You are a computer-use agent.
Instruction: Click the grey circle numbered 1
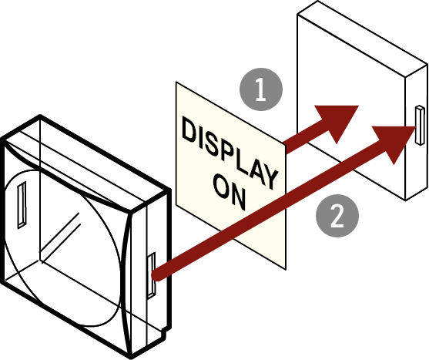click(x=261, y=89)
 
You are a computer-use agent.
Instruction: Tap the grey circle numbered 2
click(x=337, y=215)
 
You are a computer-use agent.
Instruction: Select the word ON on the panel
click(x=230, y=191)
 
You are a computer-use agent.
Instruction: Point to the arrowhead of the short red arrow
click(x=338, y=120)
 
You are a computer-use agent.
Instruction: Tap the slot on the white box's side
click(x=420, y=125)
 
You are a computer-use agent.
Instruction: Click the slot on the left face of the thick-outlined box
click(x=22, y=204)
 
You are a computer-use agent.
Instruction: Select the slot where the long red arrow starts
click(x=151, y=275)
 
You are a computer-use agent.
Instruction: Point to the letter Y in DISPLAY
click(x=269, y=177)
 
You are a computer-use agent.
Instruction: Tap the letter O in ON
click(x=221, y=187)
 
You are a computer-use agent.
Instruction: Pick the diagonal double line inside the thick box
click(x=60, y=237)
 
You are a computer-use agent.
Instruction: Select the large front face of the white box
click(x=351, y=107)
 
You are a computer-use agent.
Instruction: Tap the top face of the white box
click(x=363, y=39)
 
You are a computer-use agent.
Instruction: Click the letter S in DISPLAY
click(x=215, y=146)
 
